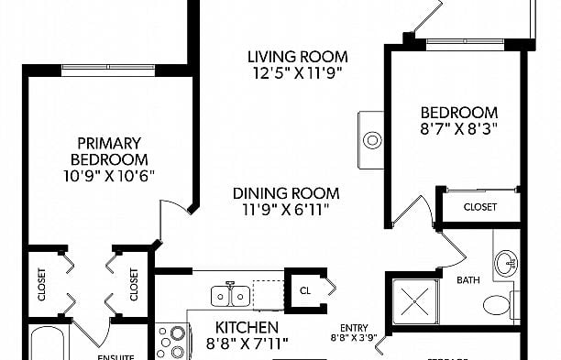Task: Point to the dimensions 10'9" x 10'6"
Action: click(108, 175)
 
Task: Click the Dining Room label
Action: click(285, 193)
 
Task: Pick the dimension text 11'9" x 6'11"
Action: click(285, 210)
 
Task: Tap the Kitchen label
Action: click(247, 327)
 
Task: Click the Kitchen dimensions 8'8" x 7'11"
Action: click(247, 344)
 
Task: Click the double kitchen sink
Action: click(231, 295)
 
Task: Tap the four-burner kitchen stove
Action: click(170, 344)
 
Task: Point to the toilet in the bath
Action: click(498, 304)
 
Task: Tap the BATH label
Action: click(468, 280)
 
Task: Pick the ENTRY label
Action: click(354, 328)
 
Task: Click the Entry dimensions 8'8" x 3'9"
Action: click(354, 338)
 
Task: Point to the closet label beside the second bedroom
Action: click(479, 207)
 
